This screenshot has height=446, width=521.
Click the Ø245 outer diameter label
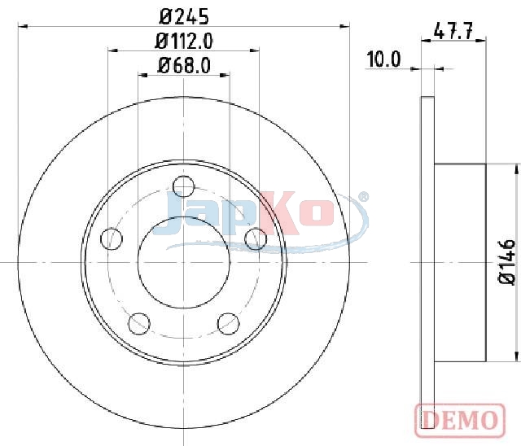coord(184,16)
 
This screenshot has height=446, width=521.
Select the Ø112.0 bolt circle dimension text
coord(184,42)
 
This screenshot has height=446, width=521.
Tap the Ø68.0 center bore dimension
coord(184,65)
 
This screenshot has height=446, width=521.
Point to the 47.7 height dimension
coord(453,31)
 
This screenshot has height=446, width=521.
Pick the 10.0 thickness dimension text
coord(383,59)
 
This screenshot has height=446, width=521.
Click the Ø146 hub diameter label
coord(506,262)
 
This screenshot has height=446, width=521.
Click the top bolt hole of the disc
coord(184,186)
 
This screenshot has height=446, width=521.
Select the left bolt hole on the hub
coord(112,238)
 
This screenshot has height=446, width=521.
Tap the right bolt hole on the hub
coord(256,238)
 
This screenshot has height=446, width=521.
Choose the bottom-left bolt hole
coord(139,323)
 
